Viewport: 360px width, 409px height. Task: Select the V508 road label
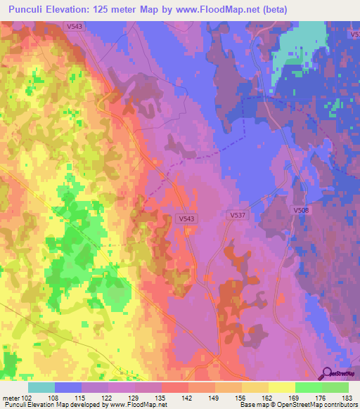(302, 210)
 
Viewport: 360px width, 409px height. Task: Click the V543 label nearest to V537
(186, 219)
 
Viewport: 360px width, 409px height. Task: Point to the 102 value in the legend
(28, 398)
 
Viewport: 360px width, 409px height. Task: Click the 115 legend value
(81, 398)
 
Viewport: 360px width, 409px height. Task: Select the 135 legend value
(161, 398)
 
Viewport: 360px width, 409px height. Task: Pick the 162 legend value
(268, 398)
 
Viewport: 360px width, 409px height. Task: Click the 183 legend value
(347, 398)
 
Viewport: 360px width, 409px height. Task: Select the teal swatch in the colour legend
(41, 387)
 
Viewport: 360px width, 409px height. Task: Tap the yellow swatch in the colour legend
(281, 387)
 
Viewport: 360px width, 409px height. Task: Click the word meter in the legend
(11, 398)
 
